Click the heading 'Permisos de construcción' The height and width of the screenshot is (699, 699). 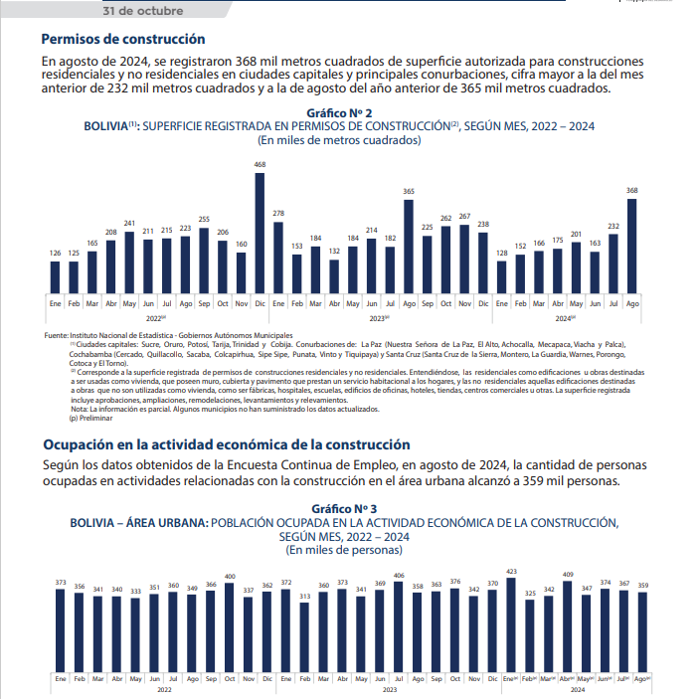pyautogui.click(x=123, y=40)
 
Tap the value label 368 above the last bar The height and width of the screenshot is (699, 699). pyautogui.click(x=632, y=190)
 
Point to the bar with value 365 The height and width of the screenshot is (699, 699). pyautogui.click(x=409, y=245)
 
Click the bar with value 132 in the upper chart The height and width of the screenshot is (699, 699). pyautogui.click(x=334, y=274)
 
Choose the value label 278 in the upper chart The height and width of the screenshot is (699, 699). pyautogui.click(x=277, y=213)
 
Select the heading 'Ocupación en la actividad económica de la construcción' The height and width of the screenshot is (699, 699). pyautogui.click(x=226, y=444)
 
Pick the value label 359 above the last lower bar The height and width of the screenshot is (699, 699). pyautogui.click(x=641, y=584)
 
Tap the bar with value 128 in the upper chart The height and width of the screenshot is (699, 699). pyautogui.click(x=502, y=275)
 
